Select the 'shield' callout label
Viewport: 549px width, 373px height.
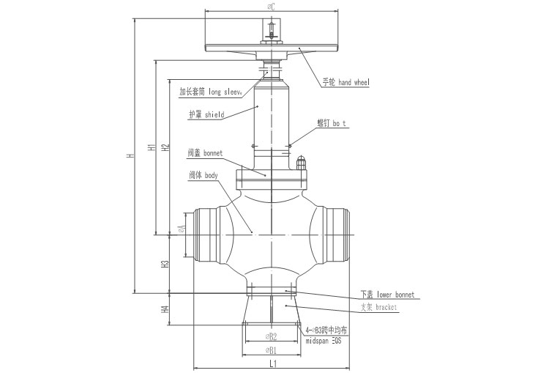point(206,115)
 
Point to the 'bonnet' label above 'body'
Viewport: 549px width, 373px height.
point(204,153)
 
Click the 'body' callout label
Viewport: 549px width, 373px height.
point(203,175)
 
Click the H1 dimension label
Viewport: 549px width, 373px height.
point(150,147)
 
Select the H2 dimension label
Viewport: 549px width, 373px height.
point(165,147)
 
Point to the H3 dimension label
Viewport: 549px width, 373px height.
point(165,264)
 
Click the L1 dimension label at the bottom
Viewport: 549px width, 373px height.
point(272,363)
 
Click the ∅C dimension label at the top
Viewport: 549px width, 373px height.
point(272,7)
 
